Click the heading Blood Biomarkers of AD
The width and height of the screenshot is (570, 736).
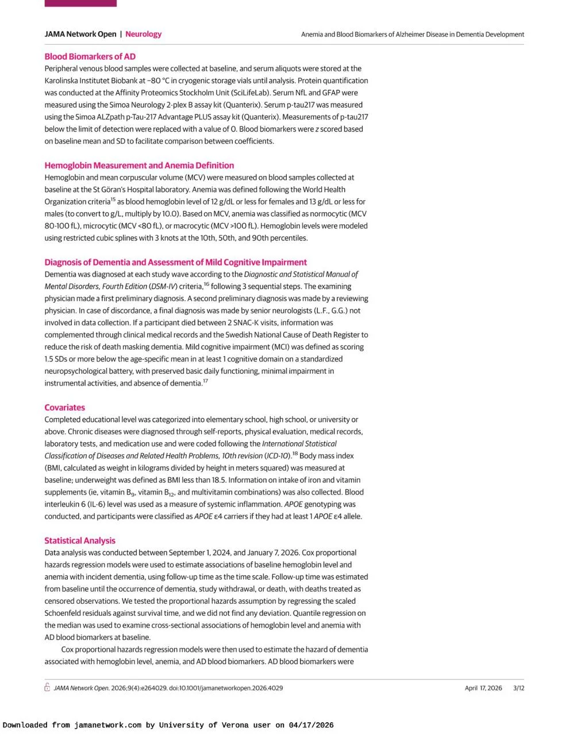tap(90, 56)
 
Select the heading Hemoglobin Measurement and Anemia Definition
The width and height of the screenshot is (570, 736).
tap(139, 165)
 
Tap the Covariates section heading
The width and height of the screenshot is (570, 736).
tap(64, 407)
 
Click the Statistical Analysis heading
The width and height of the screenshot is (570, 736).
tap(80, 540)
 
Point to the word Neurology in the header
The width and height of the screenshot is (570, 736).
tap(143, 34)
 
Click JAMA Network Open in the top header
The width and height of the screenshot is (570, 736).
tap(80, 34)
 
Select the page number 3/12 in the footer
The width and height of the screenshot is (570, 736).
tap(518, 688)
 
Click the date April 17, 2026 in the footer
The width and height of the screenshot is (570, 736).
tap(483, 688)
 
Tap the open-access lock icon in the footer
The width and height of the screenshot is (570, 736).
tap(48, 688)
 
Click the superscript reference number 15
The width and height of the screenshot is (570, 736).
tap(113, 199)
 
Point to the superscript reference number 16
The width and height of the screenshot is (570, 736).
tap(207, 283)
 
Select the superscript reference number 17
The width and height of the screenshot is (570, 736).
tap(205, 380)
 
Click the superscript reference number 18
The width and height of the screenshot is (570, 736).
tap(295, 453)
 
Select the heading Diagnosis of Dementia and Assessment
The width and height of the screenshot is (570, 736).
tap(176, 262)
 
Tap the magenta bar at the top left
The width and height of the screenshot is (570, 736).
tap(80, 3)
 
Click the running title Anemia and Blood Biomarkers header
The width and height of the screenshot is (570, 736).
tap(413, 34)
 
